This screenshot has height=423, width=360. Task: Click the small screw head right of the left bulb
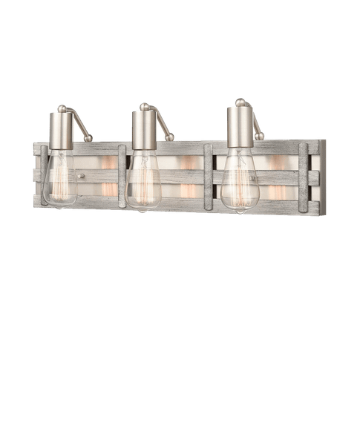tap(82, 177)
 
